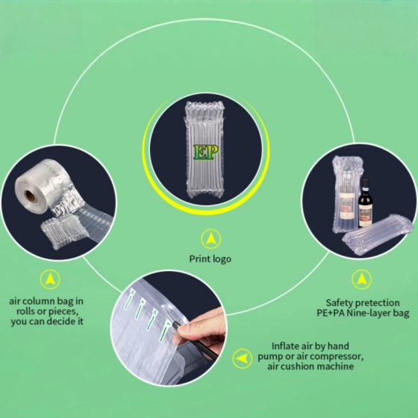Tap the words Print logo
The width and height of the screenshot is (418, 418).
[x=209, y=259]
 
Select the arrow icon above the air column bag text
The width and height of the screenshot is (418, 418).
[x=50, y=279]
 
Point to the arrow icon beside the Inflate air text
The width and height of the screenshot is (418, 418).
[x=242, y=358]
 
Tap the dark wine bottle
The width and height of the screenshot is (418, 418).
[x=366, y=205]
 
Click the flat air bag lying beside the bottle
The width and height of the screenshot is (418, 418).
[x=377, y=234]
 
